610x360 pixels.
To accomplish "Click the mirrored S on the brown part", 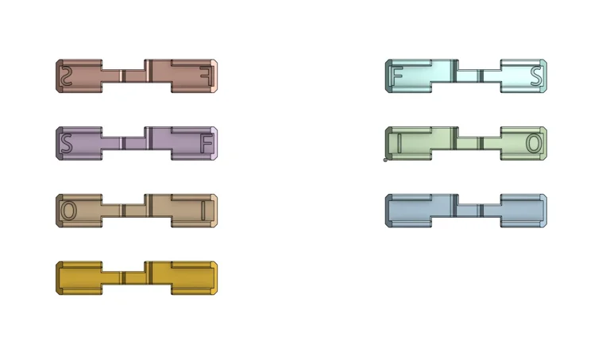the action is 67,75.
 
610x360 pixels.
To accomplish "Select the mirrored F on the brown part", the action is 207,75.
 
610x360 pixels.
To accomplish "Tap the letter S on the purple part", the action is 67,143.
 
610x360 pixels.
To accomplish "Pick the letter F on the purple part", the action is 207,143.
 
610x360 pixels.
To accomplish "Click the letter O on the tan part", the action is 68,211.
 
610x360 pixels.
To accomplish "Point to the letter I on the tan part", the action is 203,211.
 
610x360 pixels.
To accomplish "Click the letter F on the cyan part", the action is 397,75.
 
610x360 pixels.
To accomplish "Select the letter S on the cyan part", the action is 536,75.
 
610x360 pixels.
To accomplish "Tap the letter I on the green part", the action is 400,143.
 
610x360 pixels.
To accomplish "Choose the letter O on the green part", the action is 534,143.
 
